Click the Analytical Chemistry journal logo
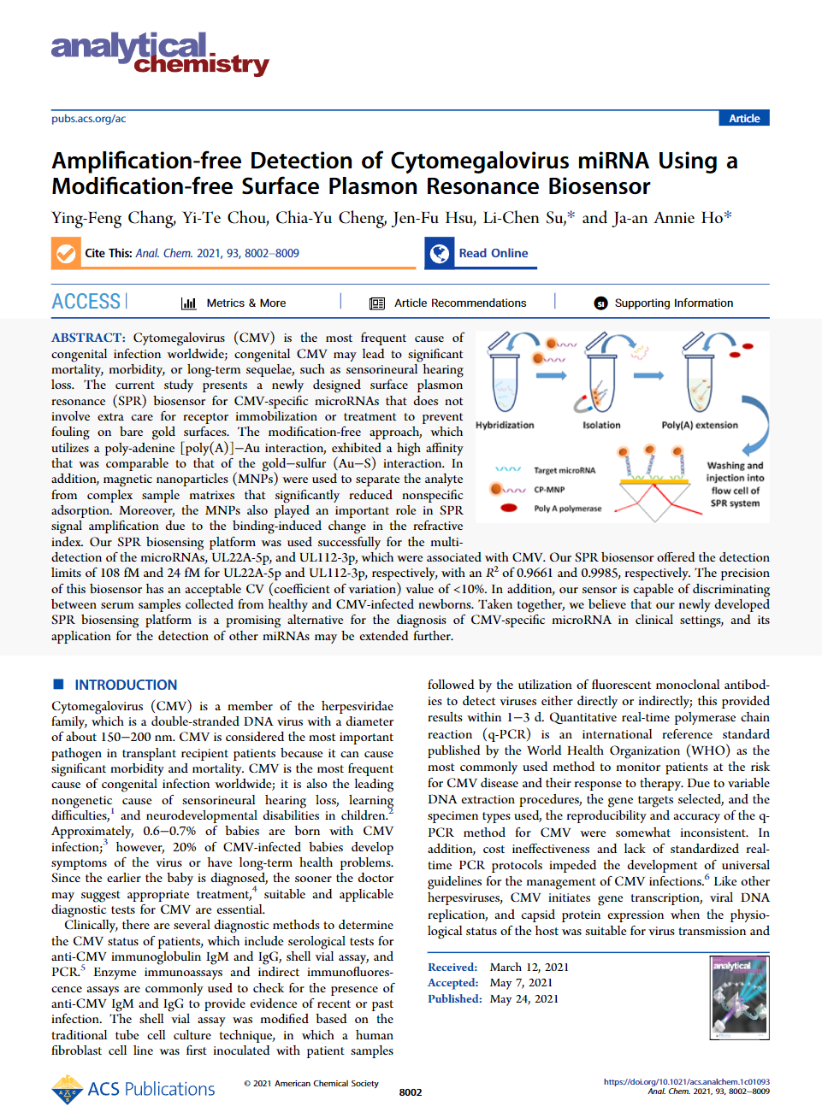click(159, 54)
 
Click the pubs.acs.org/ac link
click(88, 119)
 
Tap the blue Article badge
click(743, 119)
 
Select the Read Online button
click(481, 253)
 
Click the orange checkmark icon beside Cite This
click(65, 254)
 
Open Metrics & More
click(234, 303)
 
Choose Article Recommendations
click(448, 303)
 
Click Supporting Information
click(664, 303)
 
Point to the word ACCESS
click(86, 302)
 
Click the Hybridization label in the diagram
click(505, 425)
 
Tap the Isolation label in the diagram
click(601, 425)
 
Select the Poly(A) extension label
click(699, 425)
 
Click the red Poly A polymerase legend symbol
click(509, 508)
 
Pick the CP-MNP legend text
click(549, 490)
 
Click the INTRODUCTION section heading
click(125, 685)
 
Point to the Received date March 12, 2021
click(529, 967)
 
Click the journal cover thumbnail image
click(740, 997)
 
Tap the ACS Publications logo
click(133, 1089)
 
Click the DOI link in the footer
click(686, 1081)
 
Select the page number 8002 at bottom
click(411, 1092)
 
